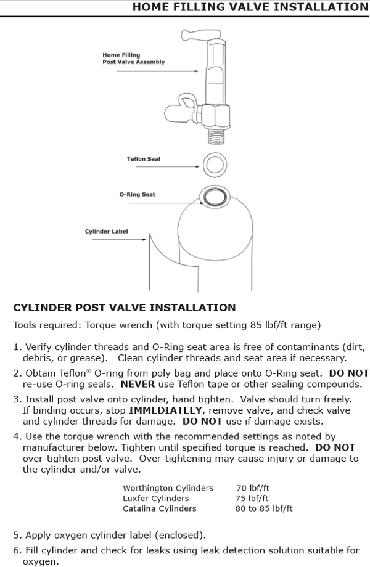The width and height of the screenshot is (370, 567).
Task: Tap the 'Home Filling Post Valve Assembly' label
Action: [x=133, y=59]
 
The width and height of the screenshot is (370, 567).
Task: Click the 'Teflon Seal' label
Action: [x=143, y=159]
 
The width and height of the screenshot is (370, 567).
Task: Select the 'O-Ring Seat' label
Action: [x=137, y=194]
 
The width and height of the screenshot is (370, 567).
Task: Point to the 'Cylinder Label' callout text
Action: [x=106, y=232]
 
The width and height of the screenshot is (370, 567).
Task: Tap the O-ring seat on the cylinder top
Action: [x=213, y=197]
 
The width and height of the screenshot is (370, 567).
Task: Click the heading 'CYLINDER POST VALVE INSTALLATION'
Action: [x=124, y=308]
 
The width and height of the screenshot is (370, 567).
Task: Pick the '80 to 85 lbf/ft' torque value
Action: [x=264, y=508]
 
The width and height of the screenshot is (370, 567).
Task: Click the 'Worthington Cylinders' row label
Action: [x=168, y=488]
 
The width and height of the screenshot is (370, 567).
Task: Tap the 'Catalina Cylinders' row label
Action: [x=159, y=508]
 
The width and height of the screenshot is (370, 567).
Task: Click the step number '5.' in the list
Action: [x=17, y=534]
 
